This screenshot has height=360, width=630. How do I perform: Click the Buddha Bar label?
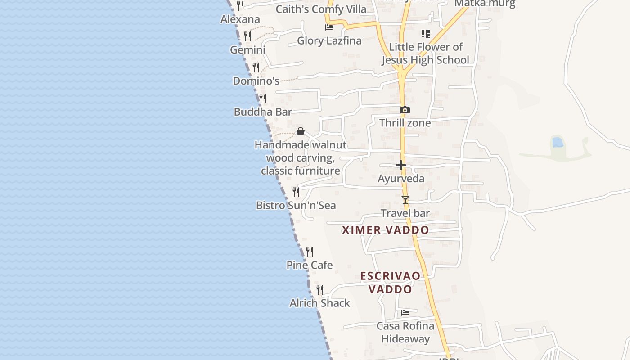(x=263, y=112)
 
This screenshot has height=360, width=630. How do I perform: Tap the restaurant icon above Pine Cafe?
(x=310, y=252)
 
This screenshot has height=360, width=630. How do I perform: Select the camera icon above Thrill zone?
(x=405, y=110)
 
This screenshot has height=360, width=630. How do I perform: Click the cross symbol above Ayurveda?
(x=401, y=166)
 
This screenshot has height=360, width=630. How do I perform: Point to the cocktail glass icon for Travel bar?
(x=405, y=200)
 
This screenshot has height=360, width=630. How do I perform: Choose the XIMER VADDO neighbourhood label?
(x=385, y=230)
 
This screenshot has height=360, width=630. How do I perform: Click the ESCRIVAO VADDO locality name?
(x=391, y=283)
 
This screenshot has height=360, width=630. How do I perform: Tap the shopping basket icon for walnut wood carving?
(x=301, y=131)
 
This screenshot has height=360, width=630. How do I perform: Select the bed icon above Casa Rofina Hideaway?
(x=405, y=313)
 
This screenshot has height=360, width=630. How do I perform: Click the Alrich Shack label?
(x=319, y=303)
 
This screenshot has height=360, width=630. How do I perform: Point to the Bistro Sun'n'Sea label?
(x=296, y=206)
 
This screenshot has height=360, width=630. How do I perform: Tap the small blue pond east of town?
(x=558, y=143)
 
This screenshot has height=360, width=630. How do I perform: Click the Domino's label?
(x=256, y=81)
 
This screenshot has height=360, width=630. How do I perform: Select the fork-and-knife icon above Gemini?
(x=247, y=36)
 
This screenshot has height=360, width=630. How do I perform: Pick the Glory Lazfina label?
(x=329, y=41)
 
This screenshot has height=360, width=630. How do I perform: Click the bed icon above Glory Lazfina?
(x=329, y=27)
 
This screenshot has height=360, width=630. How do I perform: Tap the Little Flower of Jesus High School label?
(x=425, y=54)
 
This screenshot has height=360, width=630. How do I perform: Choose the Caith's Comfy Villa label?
(x=321, y=9)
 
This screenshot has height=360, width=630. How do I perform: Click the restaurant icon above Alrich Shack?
(x=319, y=290)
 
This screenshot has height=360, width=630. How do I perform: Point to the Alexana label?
(x=240, y=19)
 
